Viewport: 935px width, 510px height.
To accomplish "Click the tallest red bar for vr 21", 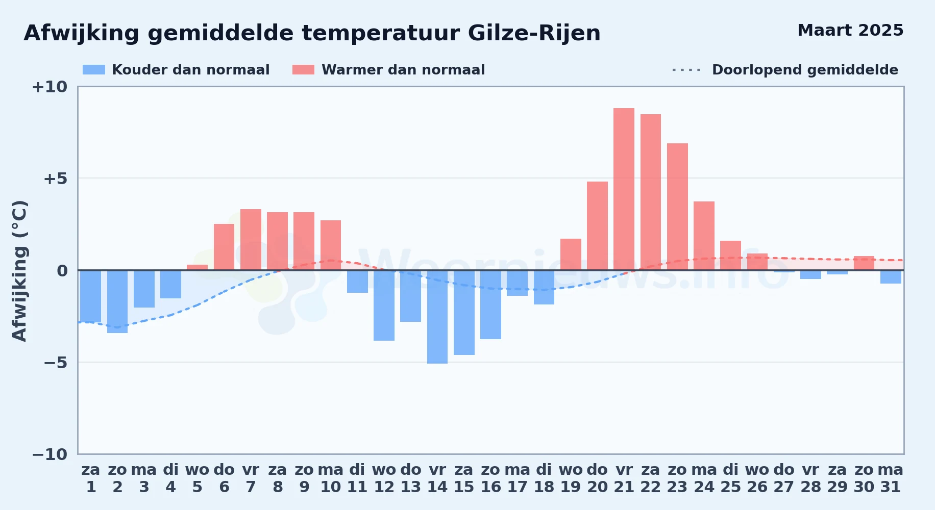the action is pyautogui.click(x=624, y=189).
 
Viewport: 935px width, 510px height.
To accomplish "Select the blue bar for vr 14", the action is pyautogui.click(x=437, y=317).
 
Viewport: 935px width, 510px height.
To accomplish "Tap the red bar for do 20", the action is pyautogui.click(x=597, y=226).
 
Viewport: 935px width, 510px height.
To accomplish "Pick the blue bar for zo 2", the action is pyautogui.click(x=117, y=301).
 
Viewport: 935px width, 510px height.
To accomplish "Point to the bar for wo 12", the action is pyautogui.click(x=384, y=305).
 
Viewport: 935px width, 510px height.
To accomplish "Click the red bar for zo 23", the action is pyautogui.click(x=677, y=207).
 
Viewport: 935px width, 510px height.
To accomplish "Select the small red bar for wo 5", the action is pyautogui.click(x=197, y=267).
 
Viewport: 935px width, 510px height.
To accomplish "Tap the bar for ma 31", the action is pyautogui.click(x=891, y=277).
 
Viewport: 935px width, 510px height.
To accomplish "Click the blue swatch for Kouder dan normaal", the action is pyautogui.click(x=94, y=70).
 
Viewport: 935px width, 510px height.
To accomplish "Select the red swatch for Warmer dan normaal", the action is pyautogui.click(x=303, y=70).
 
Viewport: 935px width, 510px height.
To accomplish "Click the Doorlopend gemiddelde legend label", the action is pyautogui.click(x=805, y=70).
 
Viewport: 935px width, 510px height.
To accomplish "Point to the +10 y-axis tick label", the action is pyautogui.click(x=50, y=87).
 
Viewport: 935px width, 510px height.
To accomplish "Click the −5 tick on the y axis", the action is pyautogui.click(x=55, y=363).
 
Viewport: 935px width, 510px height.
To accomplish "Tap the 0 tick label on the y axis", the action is pyautogui.click(x=62, y=271).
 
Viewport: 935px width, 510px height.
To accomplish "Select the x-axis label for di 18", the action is pyautogui.click(x=544, y=478).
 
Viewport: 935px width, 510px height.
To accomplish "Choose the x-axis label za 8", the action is pyautogui.click(x=278, y=478).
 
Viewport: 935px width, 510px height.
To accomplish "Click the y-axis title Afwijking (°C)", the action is pyautogui.click(x=19, y=271).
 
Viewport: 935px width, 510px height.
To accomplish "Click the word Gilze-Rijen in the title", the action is pyautogui.click(x=534, y=33).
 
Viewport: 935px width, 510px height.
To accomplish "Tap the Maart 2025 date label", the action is pyautogui.click(x=850, y=30).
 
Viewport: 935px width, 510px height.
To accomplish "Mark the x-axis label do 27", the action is pyautogui.click(x=784, y=478).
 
